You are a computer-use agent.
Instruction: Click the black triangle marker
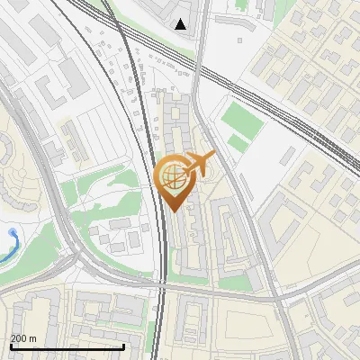(181, 24)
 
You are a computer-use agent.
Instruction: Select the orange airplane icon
(200, 165)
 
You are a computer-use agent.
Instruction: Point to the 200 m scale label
(23, 338)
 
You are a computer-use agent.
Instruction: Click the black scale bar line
(67, 347)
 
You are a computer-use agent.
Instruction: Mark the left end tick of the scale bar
(11, 346)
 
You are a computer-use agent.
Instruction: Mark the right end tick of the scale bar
(123, 346)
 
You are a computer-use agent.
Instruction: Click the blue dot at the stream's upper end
(12, 232)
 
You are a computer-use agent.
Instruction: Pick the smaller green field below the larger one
(238, 143)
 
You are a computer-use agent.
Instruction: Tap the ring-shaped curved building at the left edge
(11, 162)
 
